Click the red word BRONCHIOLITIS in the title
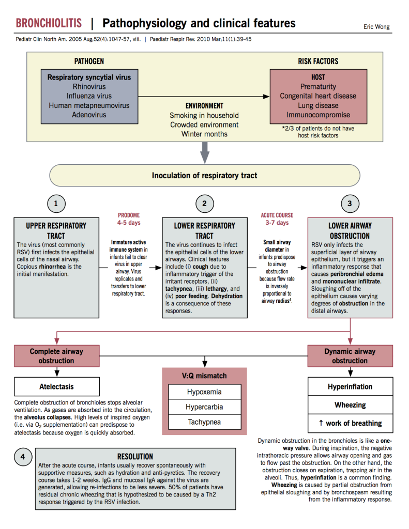(x=49, y=23)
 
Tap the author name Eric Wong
(x=377, y=26)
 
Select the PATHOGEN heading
(x=89, y=61)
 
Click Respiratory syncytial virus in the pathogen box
(x=89, y=77)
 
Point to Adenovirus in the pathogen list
(x=89, y=115)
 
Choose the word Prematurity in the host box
(x=318, y=86)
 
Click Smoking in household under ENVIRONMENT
(x=204, y=115)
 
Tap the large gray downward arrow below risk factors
(x=205, y=152)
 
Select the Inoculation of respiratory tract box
(x=204, y=176)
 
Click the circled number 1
(x=56, y=204)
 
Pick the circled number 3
(x=350, y=204)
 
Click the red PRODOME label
(x=128, y=215)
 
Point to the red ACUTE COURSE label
(x=277, y=215)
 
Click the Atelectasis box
(x=57, y=386)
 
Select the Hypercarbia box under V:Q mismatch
(x=204, y=407)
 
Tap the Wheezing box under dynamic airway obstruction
(x=350, y=405)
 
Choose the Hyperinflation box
(x=350, y=387)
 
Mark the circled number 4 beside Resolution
(x=23, y=457)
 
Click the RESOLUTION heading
(x=134, y=457)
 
